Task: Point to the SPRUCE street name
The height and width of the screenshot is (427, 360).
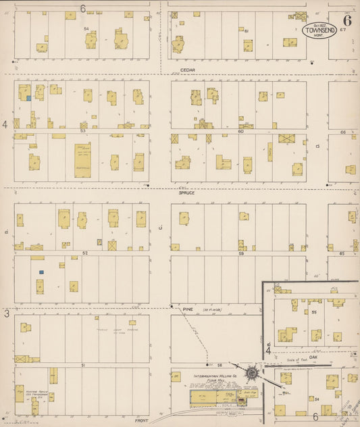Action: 186,193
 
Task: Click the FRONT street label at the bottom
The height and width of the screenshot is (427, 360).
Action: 141,420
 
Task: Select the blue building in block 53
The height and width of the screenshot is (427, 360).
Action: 28,99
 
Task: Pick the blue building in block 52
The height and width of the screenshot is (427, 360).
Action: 41,272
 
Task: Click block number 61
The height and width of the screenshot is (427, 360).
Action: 247,31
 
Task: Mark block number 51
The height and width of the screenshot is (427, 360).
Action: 83,365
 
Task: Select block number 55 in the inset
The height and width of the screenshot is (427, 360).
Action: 315,313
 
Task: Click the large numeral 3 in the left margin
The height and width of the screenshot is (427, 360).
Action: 7,314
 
